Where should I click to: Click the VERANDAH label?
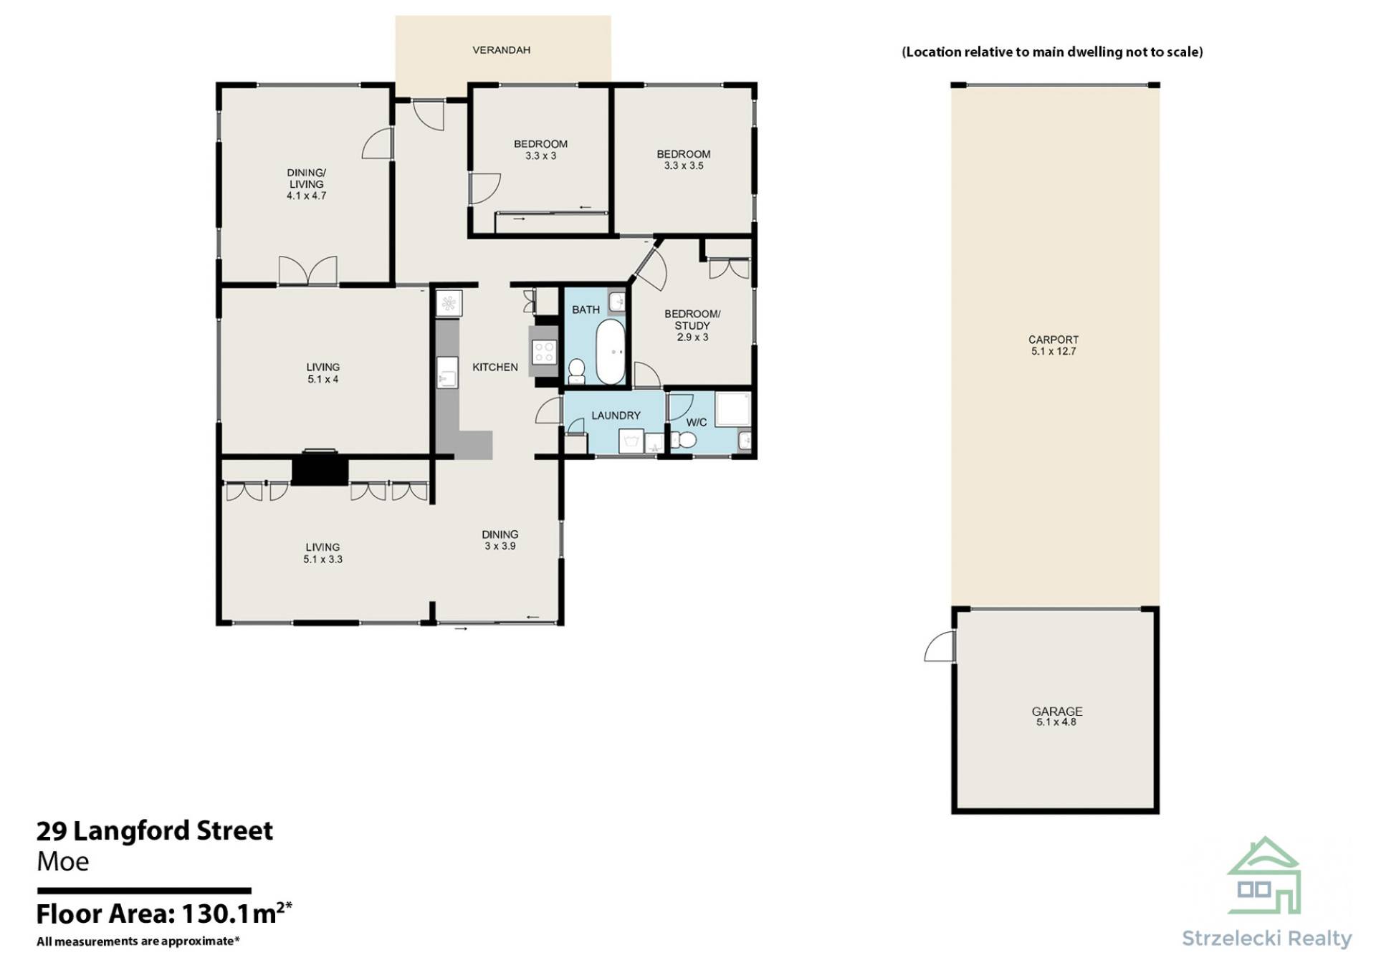(x=501, y=50)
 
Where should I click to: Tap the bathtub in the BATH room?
(x=611, y=352)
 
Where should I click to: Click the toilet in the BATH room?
(x=576, y=370)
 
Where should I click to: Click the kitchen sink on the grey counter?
(x=447, y=373)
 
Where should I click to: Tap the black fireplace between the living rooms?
(x=320, y=471)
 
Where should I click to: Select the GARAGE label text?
(x=1057, y=711)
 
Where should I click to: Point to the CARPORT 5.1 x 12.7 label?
(x=1053, y=345)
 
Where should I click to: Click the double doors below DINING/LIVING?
(x=307, y=271)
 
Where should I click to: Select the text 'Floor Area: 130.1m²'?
(x=164, y=914)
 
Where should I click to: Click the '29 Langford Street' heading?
(x=155, y=830)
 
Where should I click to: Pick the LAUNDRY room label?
(x=616, y=416)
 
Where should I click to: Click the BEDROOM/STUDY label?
(x=692, y=320)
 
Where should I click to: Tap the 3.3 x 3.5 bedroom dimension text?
(x=684, y=166)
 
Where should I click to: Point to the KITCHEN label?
(x=495, y=368)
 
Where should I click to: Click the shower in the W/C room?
(x=732, y=410)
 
